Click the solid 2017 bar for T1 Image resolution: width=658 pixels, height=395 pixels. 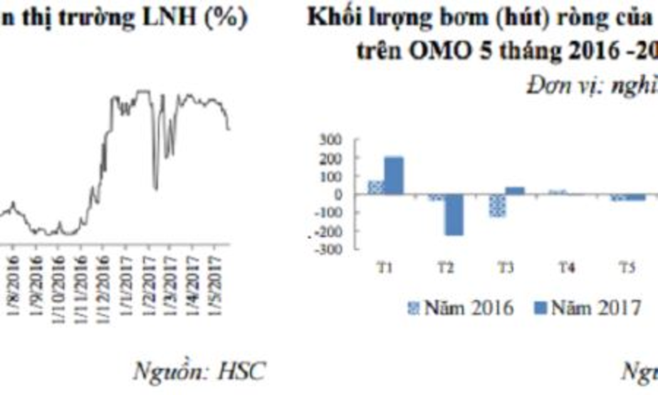(394, 176)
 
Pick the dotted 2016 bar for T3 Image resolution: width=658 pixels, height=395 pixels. (498, 206)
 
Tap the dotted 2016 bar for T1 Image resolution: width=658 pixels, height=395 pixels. (376, 187)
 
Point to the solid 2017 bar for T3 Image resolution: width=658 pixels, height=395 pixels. (514, 191)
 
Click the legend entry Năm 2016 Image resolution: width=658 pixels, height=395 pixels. (461, 308)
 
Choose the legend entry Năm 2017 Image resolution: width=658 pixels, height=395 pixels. (587, 308)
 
